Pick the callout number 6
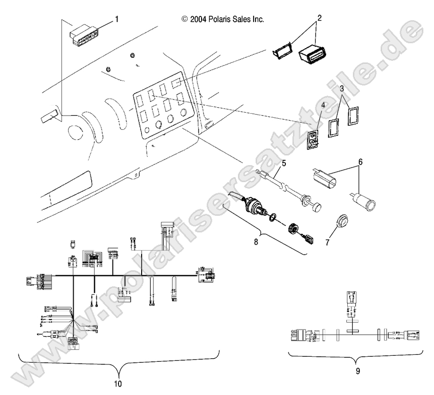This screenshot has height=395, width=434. coord(359,162)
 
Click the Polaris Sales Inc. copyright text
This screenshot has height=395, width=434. coord(222,19)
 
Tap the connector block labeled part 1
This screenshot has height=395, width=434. coord(84,36)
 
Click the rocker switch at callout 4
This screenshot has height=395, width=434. coord(314,140)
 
